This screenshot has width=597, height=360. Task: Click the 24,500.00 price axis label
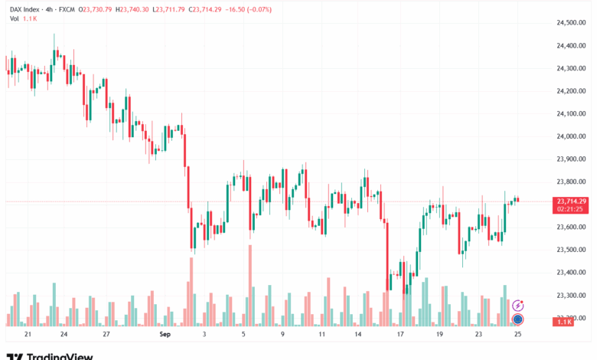(x=570, y=23)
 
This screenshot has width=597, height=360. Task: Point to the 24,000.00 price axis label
(x=570, y=136)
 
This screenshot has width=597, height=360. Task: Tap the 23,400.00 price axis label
(x=570, y=272)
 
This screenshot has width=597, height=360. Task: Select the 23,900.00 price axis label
(x=570, y=159)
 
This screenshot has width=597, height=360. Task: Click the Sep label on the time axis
(x=164, y=335)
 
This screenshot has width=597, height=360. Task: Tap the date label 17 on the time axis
(x=400, y=335)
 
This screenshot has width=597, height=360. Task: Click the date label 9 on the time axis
(x=282, y=335)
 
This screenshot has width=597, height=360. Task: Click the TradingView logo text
(x=60, y=356)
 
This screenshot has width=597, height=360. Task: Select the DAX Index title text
(x=25, y=9)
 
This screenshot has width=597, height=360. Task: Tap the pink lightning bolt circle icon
(x=517, y=305)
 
